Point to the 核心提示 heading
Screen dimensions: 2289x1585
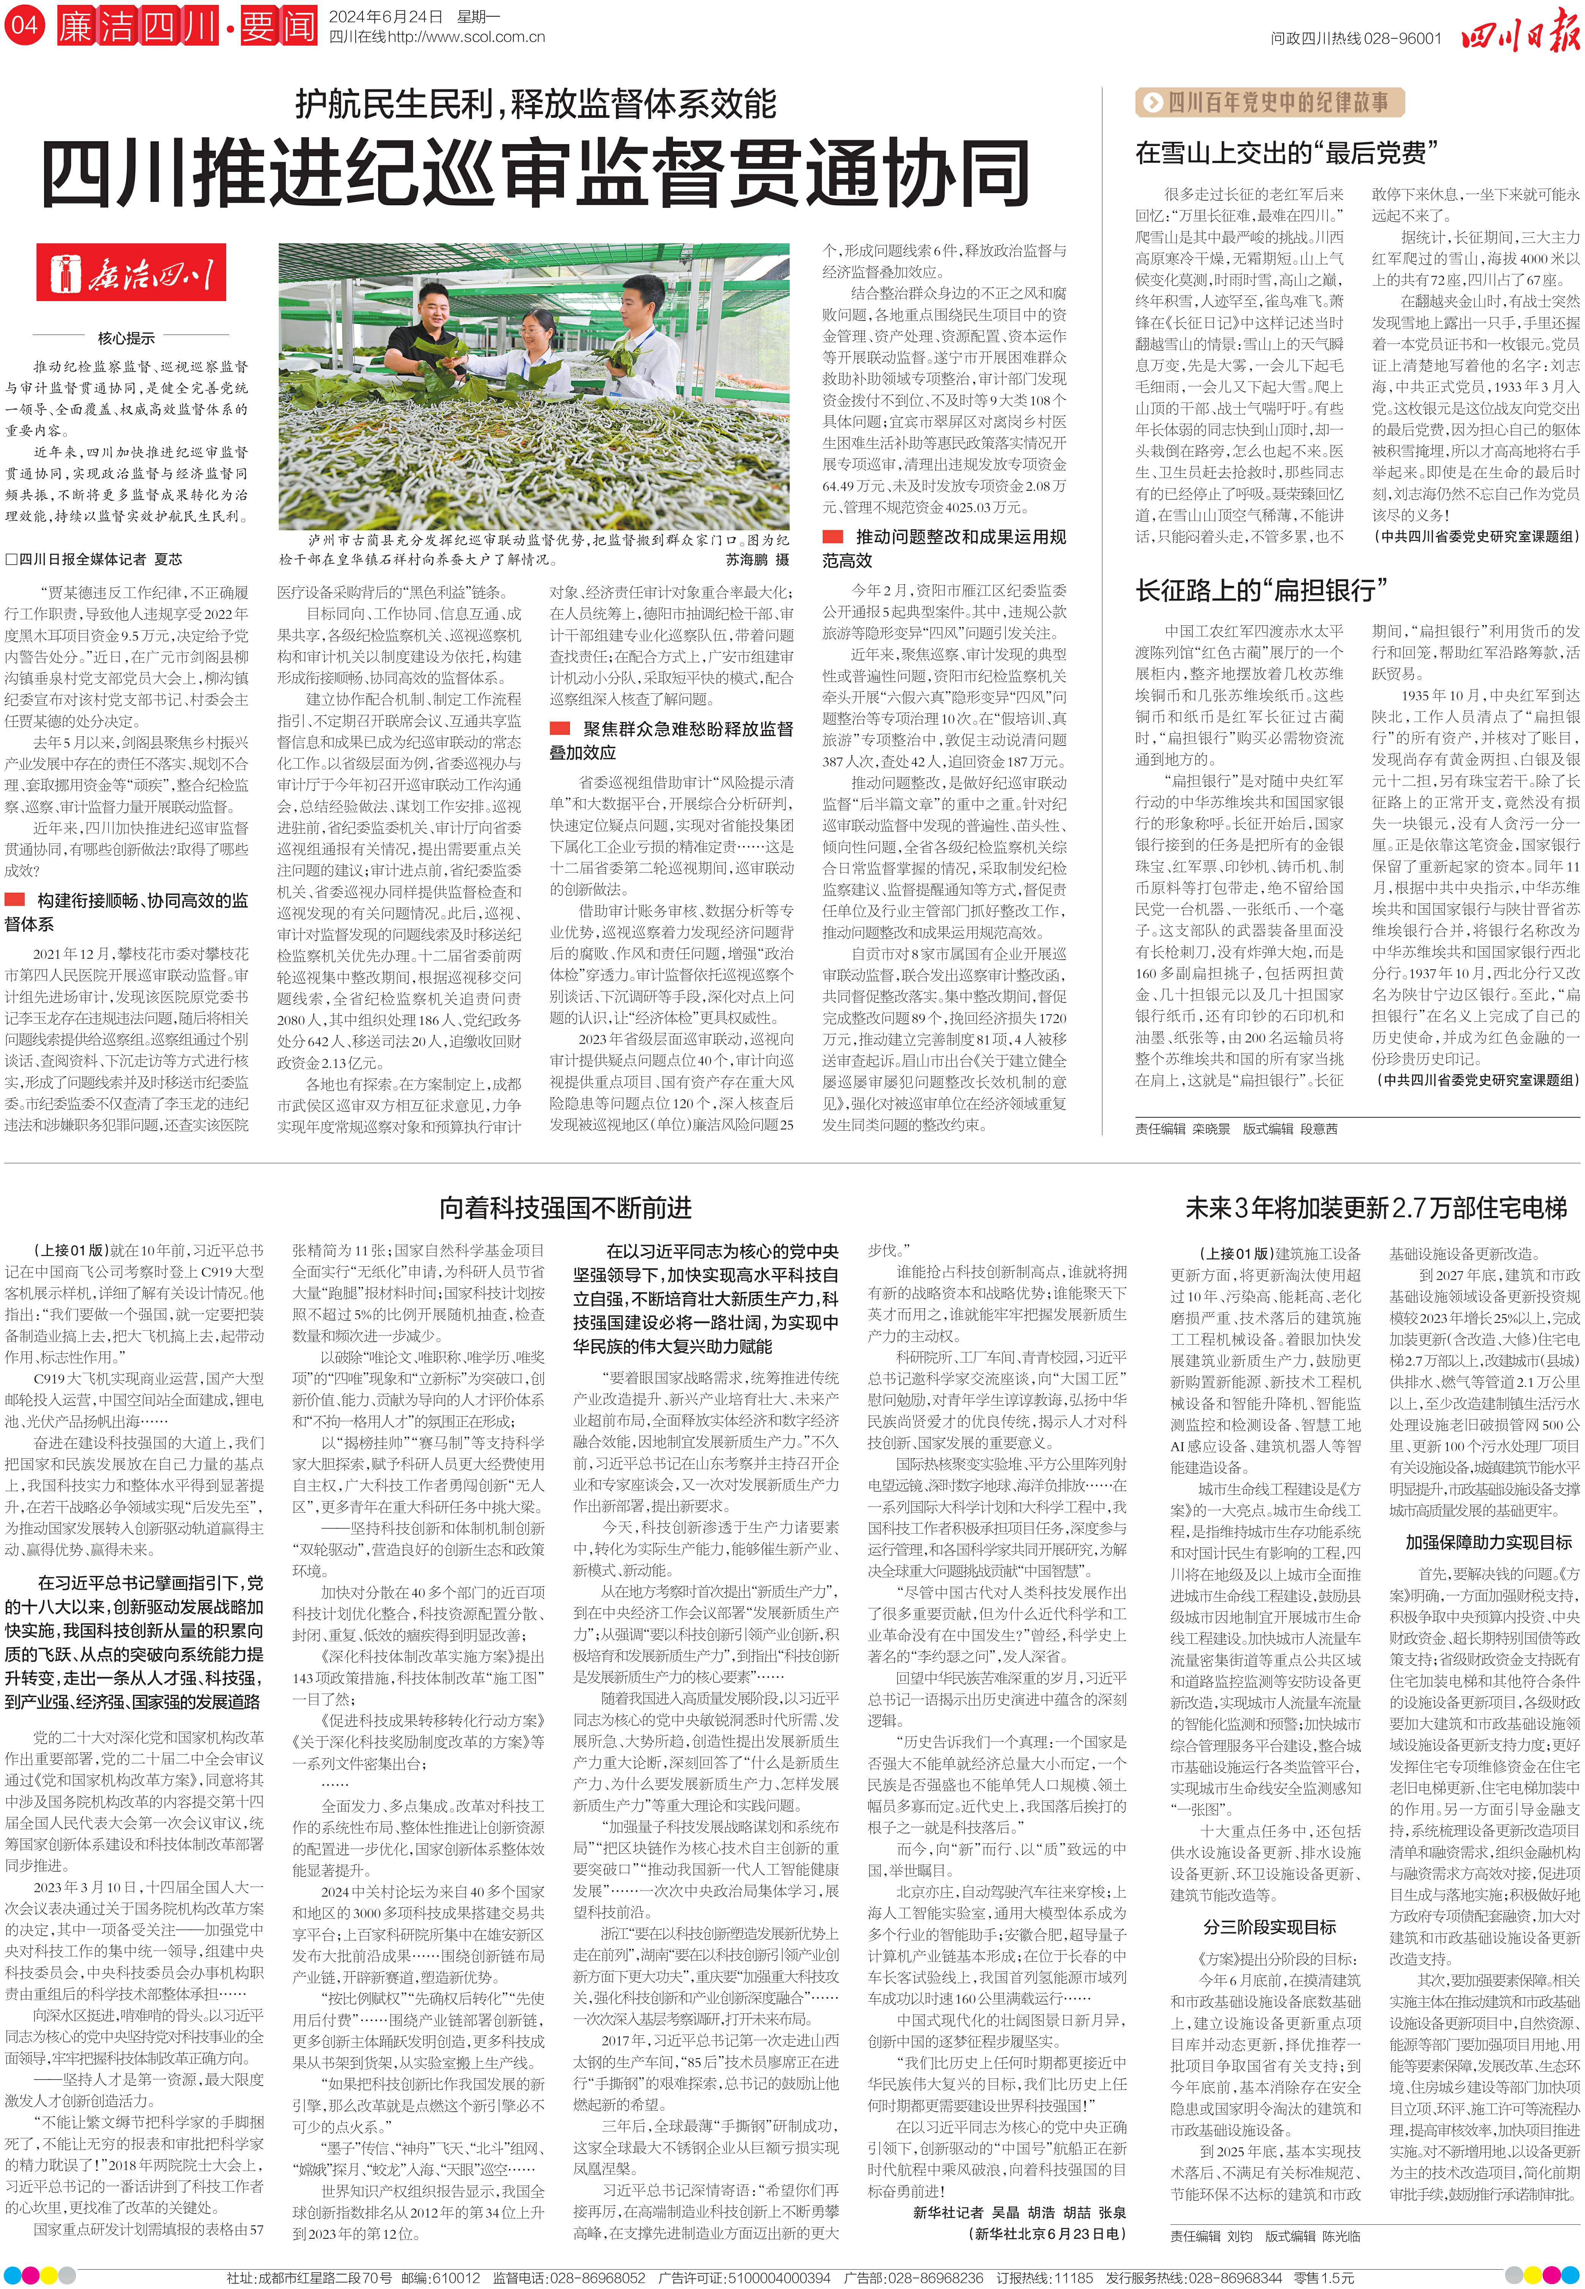126,338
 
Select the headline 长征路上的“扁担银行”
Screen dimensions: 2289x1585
1261,590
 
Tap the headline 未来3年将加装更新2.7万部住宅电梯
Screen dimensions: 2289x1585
1376,1208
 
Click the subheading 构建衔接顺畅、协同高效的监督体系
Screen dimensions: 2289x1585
129,911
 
